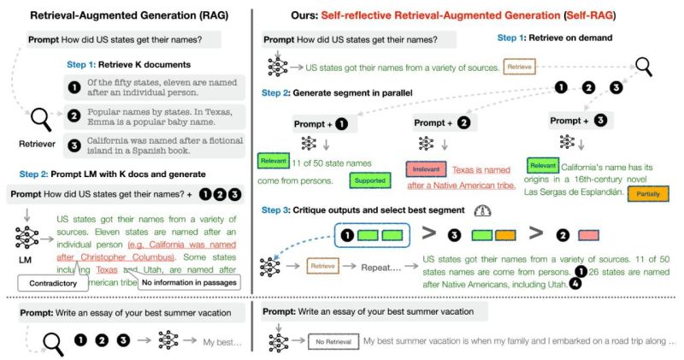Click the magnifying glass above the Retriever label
coord(40,119)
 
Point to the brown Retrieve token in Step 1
coord(520,66)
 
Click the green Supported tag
coord(369,180)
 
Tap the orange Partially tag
coord(646,195)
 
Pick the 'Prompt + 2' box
coord(440,122)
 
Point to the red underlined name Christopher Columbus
coord(131,257)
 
